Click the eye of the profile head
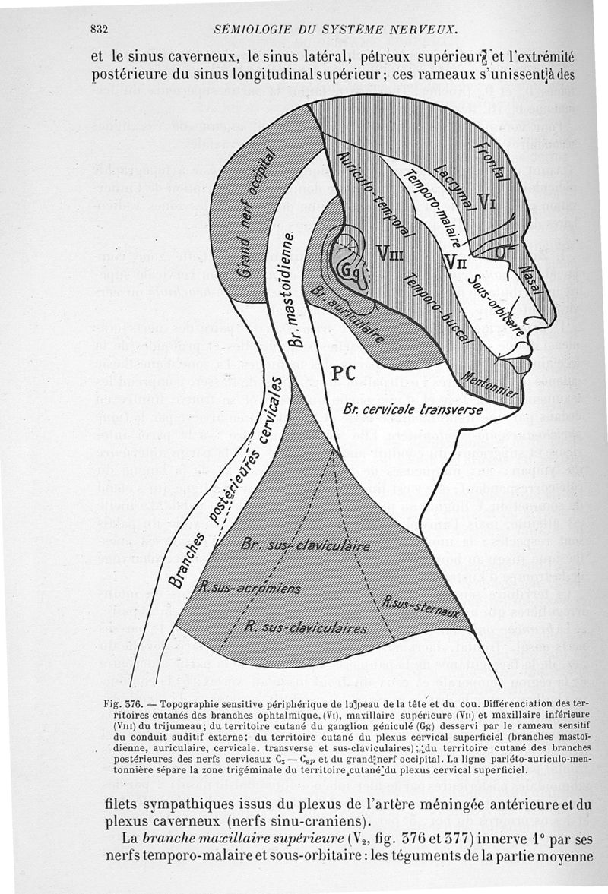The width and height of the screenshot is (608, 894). click(501, 251)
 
